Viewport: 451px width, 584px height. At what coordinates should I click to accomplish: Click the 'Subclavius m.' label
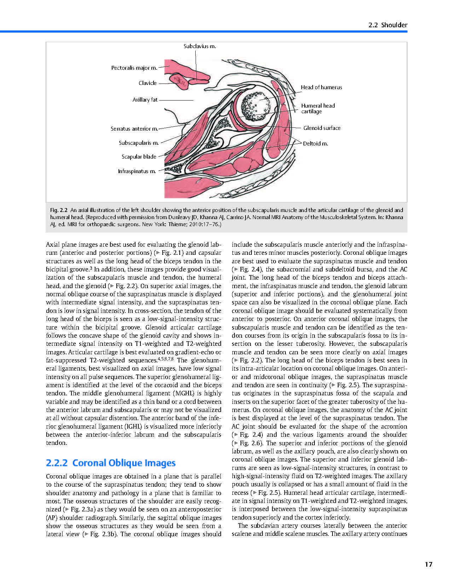click(x=200, y=46)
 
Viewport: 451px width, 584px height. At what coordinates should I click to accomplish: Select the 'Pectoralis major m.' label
click(x=134, y=68)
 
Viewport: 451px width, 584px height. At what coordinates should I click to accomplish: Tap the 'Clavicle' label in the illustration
click(x=148, y=83)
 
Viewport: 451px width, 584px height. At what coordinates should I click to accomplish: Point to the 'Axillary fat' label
click(x=145, y=100)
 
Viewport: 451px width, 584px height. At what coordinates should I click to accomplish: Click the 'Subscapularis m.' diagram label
click(x=139, y=143)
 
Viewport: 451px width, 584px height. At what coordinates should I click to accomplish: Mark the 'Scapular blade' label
click(x=139, y=157)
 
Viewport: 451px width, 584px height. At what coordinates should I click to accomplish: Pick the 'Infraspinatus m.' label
click(x=137, y=171)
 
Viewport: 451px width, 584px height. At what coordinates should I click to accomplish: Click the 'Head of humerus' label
click(x=321, y=87)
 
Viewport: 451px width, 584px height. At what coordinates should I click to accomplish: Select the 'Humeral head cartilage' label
click(x=318, y=108)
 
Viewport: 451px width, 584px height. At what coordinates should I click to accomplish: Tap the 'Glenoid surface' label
click(x=322, y=128)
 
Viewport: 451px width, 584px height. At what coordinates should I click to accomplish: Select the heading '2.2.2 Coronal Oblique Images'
click(x=111, y=463)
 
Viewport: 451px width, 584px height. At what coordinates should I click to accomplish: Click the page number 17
click(x=428, y=565)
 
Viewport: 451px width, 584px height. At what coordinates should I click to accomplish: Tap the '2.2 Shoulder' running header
click(x=388, y=25)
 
